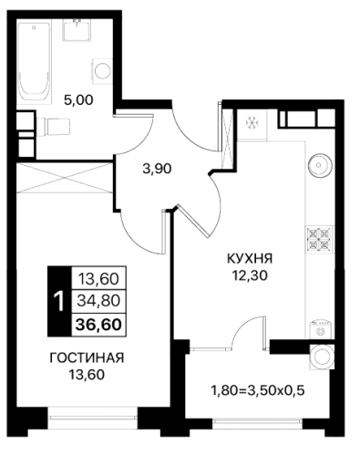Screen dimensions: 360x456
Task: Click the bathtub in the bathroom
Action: tap(33, 62)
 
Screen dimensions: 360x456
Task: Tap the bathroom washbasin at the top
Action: tap(77, 30)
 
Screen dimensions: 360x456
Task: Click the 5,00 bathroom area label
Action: tap(78, 99)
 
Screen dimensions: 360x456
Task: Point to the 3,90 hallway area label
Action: tap(157, 169)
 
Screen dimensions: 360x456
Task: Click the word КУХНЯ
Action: tap(250, 259)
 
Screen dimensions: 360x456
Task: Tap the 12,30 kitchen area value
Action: tap(250, 275)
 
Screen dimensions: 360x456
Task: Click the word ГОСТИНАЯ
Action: tap(87, 358)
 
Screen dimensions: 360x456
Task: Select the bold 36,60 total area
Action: tap(98, 325)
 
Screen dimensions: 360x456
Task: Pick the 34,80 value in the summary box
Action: tap(98, 301)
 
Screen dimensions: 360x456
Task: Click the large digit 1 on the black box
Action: tap(59, 301)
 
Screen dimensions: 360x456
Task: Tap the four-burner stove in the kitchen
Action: tap(319, 240)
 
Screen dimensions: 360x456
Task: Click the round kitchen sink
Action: tap(319, 165)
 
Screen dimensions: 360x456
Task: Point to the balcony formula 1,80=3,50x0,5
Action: tap(258, 390)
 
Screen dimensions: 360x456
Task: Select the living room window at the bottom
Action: tap(93, 418)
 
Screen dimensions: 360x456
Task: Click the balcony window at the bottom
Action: tap(257, 421)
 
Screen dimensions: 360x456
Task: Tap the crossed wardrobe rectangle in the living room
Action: tap(65, 178)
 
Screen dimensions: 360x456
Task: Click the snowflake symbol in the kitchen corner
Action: tap(252, 123)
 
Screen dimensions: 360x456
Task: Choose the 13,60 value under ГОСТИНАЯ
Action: tap(87, 375)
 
